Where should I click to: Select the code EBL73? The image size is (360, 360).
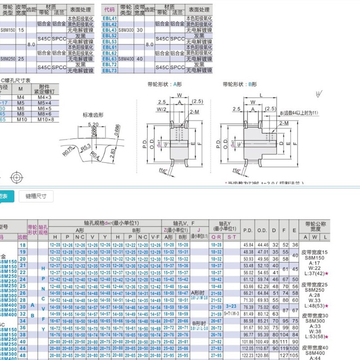[110, 71]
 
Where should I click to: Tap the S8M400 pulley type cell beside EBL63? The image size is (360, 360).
[127, 58]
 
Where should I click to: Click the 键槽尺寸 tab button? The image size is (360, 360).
[39, 196]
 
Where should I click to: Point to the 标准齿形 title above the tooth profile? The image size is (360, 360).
[93, 115]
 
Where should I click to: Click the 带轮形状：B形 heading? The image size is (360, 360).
[239, 84]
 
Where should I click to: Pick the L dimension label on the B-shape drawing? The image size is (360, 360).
[261, 95]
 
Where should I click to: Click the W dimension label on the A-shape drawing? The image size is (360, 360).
[179, 95]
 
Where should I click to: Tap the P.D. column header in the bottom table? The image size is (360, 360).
[248, 229]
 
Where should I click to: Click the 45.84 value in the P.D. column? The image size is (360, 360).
[248, 244]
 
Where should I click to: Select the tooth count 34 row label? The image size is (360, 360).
[22, 320]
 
